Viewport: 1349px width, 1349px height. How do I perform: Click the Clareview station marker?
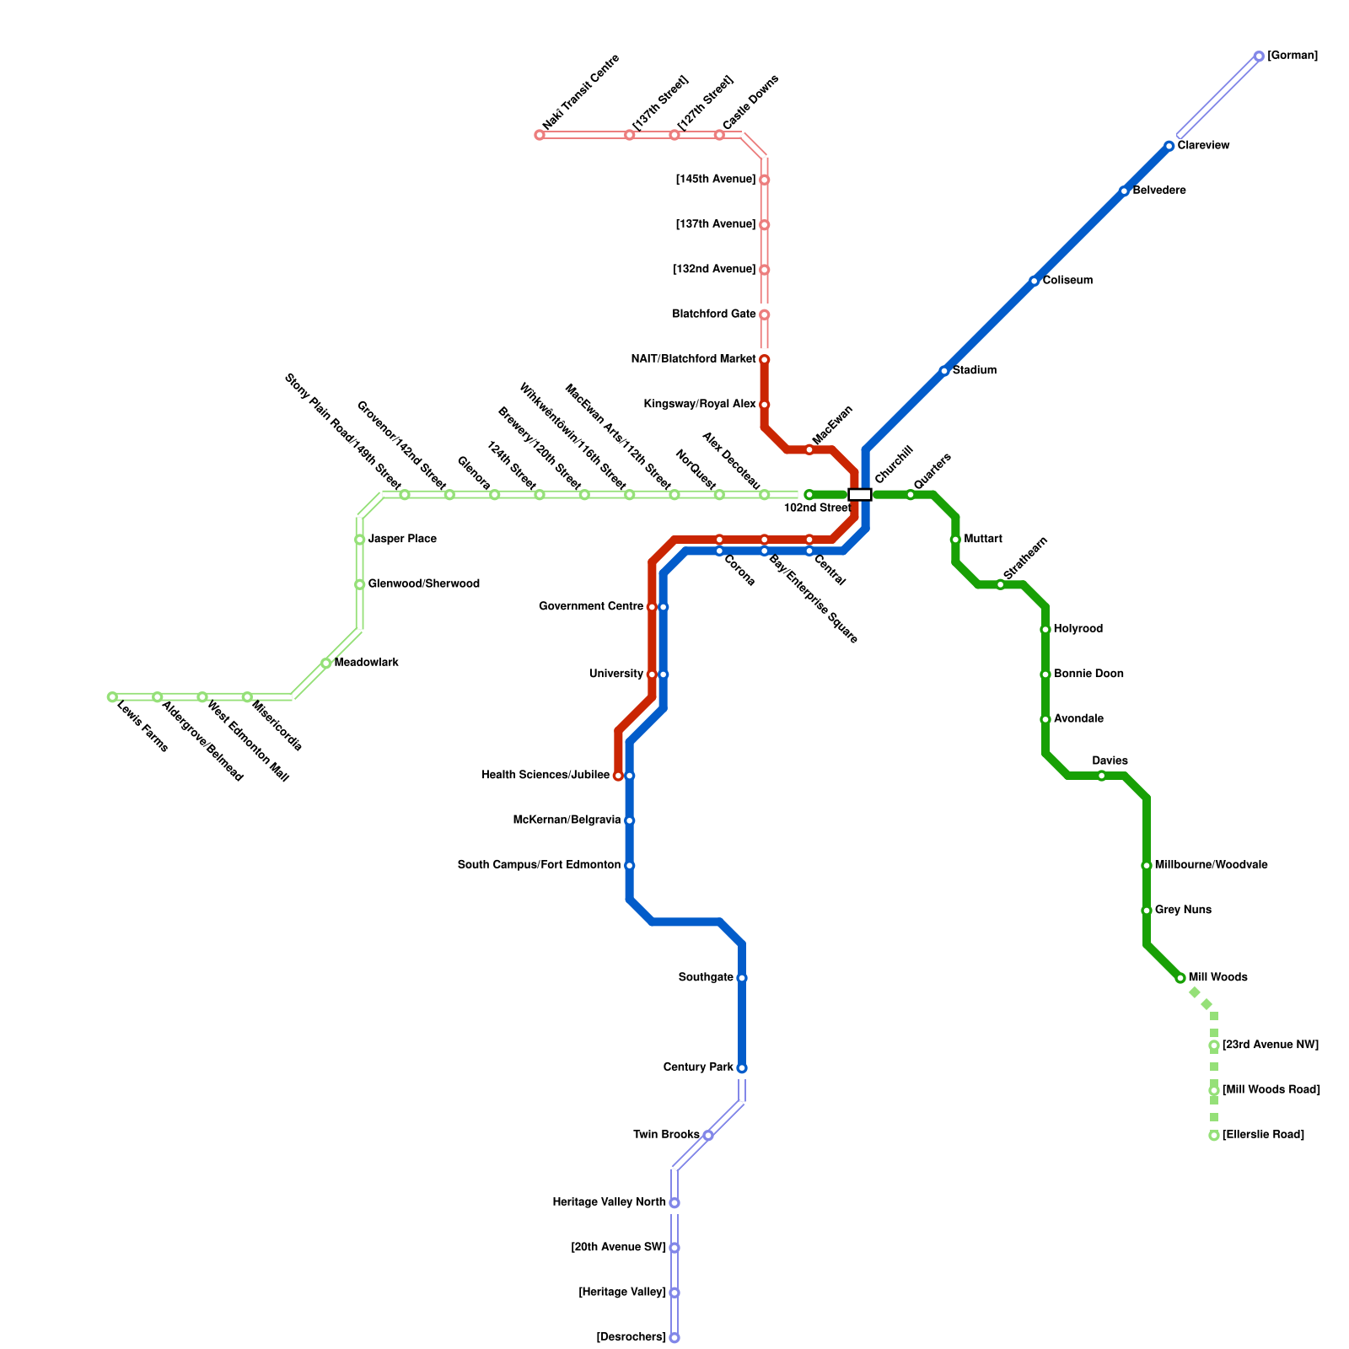1169,146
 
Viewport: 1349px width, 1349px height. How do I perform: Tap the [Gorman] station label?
1292,56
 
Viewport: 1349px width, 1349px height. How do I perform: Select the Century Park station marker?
741,1068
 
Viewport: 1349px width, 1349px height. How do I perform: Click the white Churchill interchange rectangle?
859,494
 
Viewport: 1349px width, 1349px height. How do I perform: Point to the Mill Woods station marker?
1180,978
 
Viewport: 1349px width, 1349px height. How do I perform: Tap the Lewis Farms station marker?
112,697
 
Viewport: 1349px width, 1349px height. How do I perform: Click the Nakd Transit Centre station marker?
540,135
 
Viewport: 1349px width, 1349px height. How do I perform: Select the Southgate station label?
705,978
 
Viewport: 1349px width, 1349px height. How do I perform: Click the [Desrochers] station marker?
674,1338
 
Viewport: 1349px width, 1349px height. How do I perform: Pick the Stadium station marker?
944,371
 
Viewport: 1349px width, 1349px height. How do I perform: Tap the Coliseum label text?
1067,281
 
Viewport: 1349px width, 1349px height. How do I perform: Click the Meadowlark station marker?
325,664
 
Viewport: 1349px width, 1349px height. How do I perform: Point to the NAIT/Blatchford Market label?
693,359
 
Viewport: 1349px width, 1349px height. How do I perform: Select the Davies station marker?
1101,776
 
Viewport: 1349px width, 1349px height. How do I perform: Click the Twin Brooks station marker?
708,1136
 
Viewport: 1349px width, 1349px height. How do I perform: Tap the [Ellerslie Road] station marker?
1213,1136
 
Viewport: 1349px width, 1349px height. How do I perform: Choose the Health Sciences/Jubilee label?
546,776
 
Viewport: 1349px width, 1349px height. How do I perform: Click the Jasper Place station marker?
359,540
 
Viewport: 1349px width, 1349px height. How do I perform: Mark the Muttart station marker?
955,540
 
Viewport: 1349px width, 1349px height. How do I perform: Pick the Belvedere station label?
1158,191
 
